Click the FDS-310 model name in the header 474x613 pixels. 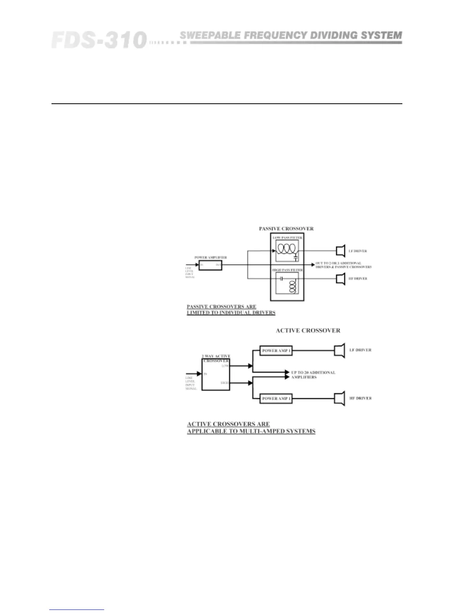point(99,40)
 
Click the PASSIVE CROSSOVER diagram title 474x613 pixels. point(286,229)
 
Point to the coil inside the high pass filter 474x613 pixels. point(293,286)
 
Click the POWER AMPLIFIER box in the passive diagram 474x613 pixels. point(210,265)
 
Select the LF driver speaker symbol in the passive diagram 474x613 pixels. point(340,251)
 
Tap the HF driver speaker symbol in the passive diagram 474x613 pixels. point(340,279)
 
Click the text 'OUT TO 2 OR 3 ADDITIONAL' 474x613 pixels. point(338,263)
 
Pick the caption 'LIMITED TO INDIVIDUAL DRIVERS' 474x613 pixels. point(231,312)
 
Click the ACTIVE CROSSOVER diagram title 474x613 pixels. point(308,330)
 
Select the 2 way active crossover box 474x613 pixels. point(216,375)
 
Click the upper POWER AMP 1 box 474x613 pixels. point(276,351)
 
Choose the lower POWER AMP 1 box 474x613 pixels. point(276,398)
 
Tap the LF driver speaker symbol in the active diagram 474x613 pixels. point(340,351)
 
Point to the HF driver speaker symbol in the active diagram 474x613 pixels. point(340,399)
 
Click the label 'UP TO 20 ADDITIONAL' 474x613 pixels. point(313,372)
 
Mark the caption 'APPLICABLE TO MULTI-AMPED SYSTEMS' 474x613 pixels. point(251,431)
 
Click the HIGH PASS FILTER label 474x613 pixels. point(287,269)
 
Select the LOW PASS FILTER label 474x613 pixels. point(287,238)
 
